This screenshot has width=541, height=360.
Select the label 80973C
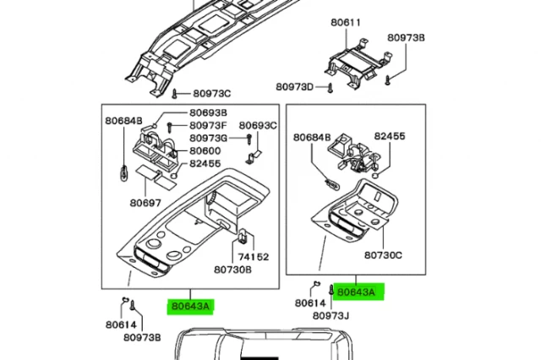[x=212, y=93]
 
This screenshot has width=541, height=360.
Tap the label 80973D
[x=295, y=87]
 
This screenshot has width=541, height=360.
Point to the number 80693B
[x=208, y=112]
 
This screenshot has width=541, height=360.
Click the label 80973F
[x=208, y=125]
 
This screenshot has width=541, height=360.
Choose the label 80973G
[x=208, y=138]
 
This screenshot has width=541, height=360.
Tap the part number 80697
[x=145, y=202]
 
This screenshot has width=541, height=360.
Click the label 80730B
[x=232, y=270]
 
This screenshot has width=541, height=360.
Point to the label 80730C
[x=383, y=254]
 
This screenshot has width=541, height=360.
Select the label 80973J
[x=331, y=316]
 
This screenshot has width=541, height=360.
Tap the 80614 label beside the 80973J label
[x=310, y=303]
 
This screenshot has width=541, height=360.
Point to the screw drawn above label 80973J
[x=331, y=292]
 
